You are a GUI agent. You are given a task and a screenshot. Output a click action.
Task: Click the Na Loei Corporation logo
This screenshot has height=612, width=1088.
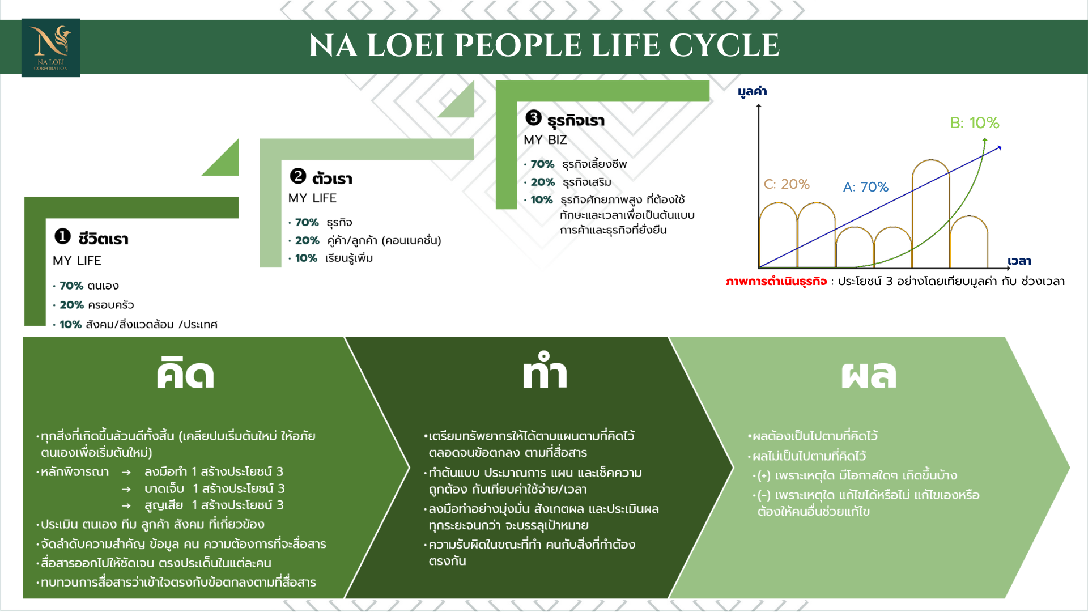pos(50,48)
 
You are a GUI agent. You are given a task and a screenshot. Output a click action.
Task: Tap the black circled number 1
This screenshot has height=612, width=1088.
pos(62,236)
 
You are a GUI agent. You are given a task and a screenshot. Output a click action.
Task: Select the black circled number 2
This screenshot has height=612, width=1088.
pos(298,176)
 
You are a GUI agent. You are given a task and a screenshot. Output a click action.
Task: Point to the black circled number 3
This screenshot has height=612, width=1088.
pos(533,117)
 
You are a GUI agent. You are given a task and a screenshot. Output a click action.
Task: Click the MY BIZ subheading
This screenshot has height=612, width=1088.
pos(545,140)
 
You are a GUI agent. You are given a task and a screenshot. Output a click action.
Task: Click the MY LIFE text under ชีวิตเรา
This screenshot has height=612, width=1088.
pos(77,261)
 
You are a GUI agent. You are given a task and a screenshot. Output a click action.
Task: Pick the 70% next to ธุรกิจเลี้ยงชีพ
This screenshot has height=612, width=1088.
pos(542,164)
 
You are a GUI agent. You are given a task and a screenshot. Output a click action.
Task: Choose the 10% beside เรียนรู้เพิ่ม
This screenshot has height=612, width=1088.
pos(306,258)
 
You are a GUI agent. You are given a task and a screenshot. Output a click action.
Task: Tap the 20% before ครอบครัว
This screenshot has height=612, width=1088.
pos(71,305)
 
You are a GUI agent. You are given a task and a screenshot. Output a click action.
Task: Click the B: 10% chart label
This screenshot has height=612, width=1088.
pos(975,123)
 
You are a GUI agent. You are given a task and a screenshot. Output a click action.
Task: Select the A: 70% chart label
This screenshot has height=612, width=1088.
pos(866,187)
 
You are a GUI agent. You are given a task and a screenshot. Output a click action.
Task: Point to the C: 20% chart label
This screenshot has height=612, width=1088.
pos(787,184)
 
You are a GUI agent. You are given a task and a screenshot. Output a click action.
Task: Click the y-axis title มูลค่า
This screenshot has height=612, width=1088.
pos(753,92)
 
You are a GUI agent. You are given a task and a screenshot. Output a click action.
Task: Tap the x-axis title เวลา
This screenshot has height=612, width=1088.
pos(1019,261)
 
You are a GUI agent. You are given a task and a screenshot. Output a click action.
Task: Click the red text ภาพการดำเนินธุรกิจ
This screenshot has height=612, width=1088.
pos(776,282)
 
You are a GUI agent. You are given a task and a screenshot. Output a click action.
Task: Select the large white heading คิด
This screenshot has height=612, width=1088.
pos(185,373)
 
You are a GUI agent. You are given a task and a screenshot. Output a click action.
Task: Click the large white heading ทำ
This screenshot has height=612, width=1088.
pos(545,371)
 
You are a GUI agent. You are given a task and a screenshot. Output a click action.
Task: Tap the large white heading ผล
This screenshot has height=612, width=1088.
pos(869,374)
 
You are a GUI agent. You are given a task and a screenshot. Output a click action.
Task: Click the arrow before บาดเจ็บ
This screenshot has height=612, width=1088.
pos(126,489)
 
